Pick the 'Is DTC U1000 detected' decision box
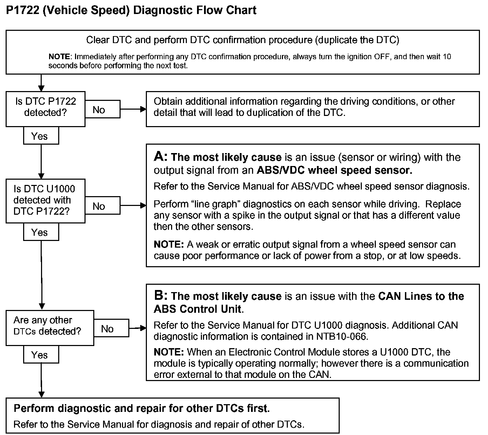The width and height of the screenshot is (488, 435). click(45, 200)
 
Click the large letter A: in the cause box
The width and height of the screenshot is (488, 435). click(161, 157)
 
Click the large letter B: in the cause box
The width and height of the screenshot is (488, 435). click(161, 296)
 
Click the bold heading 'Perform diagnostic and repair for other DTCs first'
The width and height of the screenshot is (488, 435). click(141, 408)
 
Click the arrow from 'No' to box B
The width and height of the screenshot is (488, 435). click(137, 328)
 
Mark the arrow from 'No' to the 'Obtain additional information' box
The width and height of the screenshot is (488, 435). click(133, 109)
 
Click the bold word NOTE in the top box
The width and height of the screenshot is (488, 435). click(60, 57)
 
